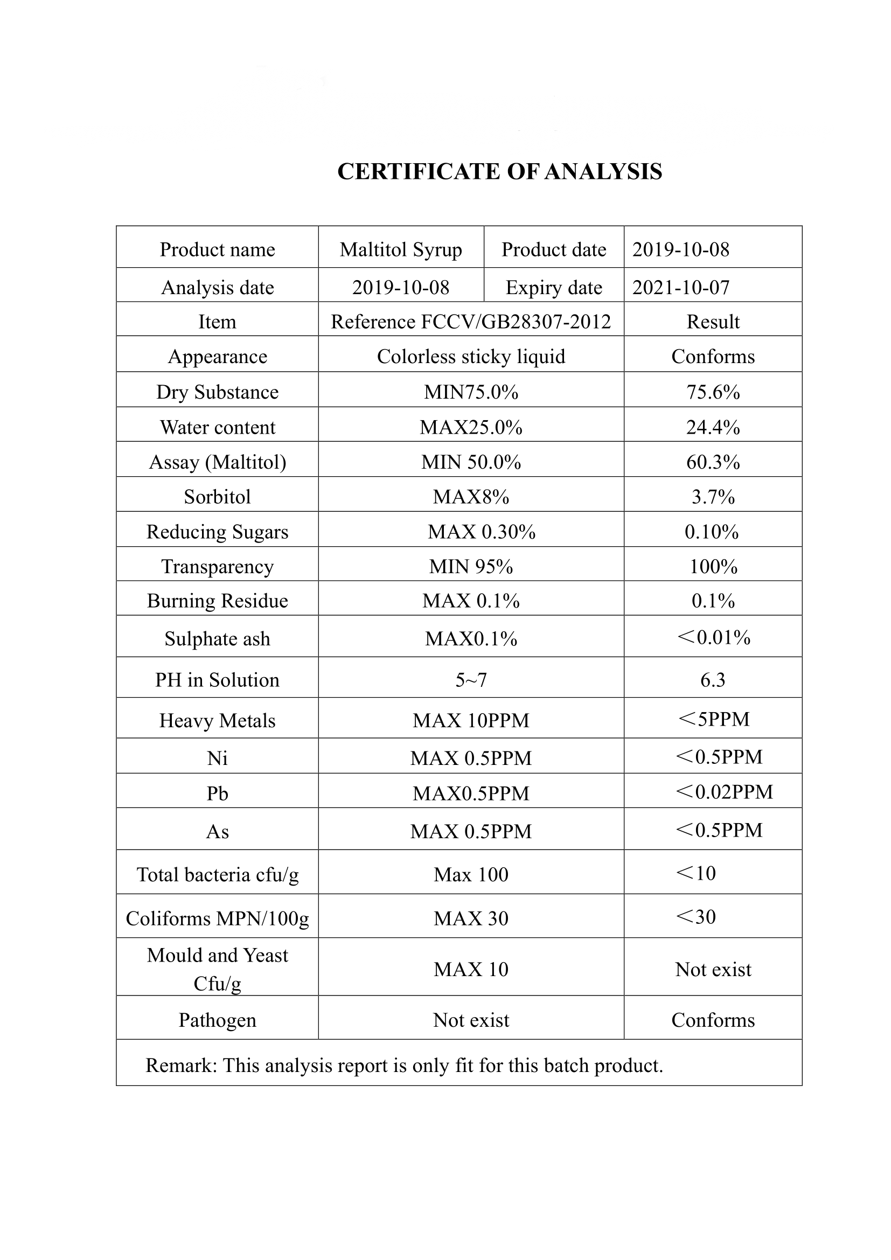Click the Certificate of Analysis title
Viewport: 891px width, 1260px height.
[499, 172]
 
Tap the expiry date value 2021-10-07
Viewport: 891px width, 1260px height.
[680, 288]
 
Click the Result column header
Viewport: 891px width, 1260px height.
[713, 322]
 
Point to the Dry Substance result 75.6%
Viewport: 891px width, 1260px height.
[713, 392]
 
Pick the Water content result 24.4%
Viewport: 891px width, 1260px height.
[713, 428]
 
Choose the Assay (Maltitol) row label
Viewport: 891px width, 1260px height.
[217, 462]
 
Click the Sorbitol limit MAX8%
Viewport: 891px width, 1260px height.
[471, 497]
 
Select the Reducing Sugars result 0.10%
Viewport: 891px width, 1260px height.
[712, 532]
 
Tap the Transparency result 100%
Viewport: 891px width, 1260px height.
[713, 566]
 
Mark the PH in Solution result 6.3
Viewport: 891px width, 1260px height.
[713, 680]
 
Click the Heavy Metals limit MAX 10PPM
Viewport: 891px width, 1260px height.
[471, 721]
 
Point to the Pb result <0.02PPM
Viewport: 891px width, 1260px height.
[724, 792]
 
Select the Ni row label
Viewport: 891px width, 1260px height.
[217, 758]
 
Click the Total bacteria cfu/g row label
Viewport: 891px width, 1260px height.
[217, 875]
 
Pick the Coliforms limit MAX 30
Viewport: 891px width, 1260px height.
[471, 918]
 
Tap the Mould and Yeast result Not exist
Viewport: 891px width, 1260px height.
[713, 970]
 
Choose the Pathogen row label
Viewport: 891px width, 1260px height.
[217, 1020]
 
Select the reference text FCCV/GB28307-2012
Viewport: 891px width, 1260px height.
[515, 322]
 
